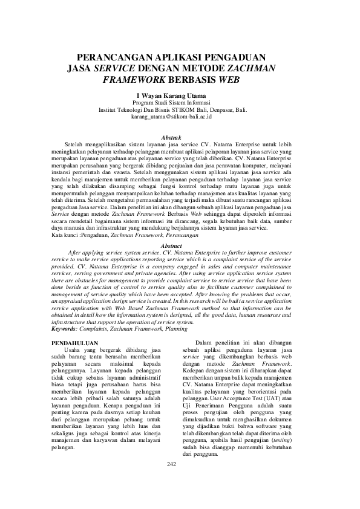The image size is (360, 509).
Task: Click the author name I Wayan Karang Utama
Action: pyautogui.click(x=180, y=96)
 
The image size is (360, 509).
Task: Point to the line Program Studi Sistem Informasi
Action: pyautogui.click(x=180, y=103)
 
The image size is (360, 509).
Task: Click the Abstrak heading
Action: pyautogui.click(x=180, y=138)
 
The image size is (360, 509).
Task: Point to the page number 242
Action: pyautogui.click(x=180, y=464)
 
